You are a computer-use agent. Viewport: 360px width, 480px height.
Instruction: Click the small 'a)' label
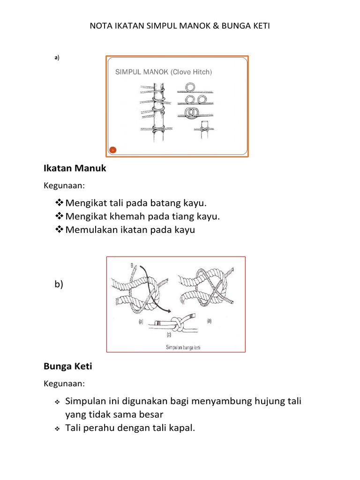[57, 58]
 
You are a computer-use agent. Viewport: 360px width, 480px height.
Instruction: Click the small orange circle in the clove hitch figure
[112, 150]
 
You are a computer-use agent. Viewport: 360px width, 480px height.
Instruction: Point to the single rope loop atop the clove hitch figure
[191, 88]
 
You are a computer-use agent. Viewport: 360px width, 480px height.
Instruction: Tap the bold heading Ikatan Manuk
[75, 168]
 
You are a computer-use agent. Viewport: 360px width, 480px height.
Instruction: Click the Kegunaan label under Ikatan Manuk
[65, 186]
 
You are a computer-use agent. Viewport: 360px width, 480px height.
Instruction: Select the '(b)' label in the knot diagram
[210, 321]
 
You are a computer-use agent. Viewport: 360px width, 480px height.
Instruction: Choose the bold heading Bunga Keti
[68, 367]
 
